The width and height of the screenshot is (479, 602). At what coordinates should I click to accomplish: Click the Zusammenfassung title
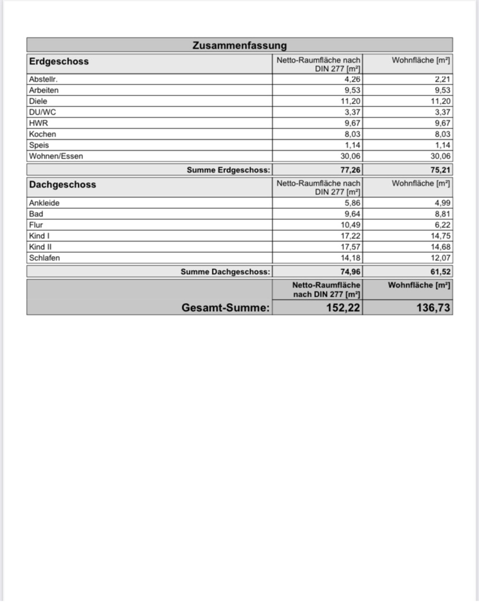(x=239, y=45)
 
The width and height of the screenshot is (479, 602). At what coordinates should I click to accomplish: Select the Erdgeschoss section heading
(x=59, y=61)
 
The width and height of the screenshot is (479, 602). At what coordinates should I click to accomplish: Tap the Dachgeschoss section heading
(x=63, y=184)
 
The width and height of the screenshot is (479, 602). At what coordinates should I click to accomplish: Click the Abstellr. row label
(x=43, y=79)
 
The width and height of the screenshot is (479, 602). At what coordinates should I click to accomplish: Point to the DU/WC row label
(x=42, y=112)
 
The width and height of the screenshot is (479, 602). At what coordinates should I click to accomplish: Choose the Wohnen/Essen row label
(x=56, y=156)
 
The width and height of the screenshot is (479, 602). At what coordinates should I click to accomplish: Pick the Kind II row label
(x=40, y=247)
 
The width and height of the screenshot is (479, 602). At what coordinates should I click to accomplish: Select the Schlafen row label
(x=44, y=257)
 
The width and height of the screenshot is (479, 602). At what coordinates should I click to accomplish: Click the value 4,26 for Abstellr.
(x=352, y=79)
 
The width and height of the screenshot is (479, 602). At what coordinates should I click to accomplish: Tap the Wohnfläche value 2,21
(x=442, y=79)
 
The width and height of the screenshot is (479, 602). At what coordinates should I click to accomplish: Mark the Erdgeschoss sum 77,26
(x=350, y=170)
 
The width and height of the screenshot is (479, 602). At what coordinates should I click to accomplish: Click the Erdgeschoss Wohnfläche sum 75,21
(x=441, y=170)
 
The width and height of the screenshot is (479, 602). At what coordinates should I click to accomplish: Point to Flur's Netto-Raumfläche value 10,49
(x=350, y=225)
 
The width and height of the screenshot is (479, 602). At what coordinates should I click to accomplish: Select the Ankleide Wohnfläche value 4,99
(x=442, y=203)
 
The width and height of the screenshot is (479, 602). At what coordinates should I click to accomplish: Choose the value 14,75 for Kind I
(x=441, y=236)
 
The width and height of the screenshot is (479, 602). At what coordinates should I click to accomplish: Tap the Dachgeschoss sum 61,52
(x=441, y=271)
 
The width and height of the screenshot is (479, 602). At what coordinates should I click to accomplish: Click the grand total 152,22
(x=343, y=307)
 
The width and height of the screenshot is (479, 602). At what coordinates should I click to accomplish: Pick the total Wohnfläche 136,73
(x=433, y=307)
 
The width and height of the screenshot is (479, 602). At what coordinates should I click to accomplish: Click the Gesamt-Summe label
(x=225, y=307)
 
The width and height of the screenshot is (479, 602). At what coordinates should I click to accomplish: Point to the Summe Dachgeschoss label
(x=225, y=271)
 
